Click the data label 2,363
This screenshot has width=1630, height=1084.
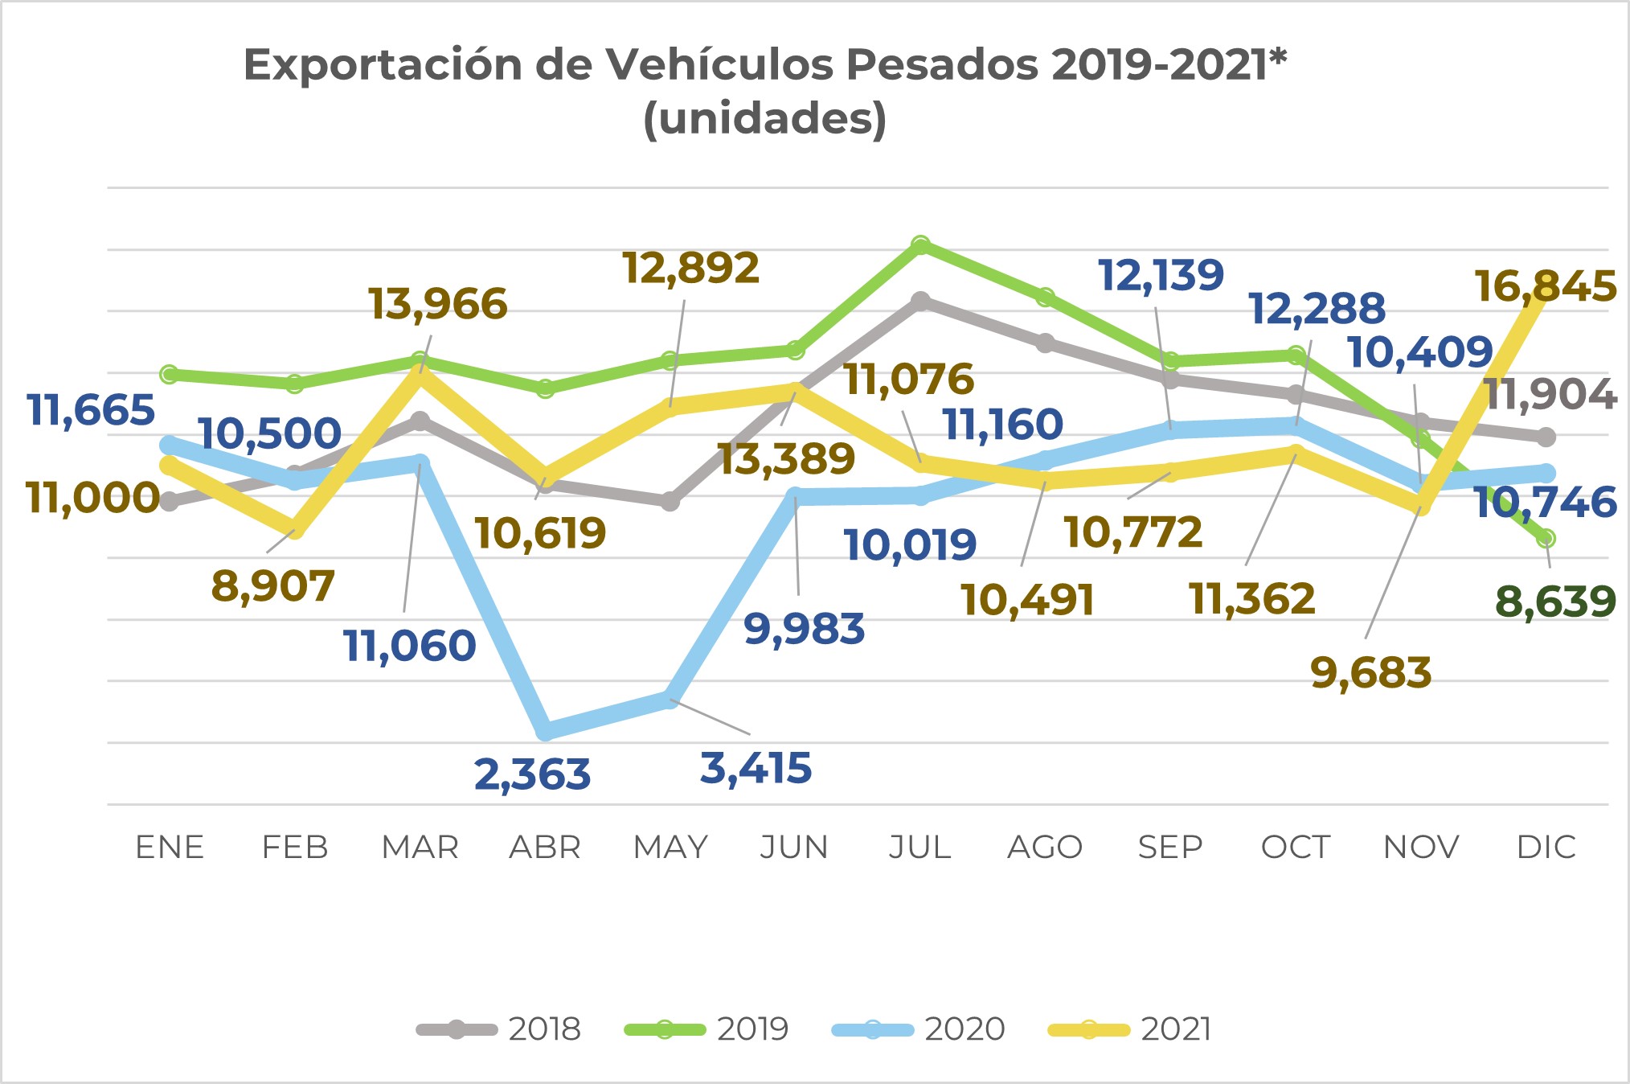[532, 774]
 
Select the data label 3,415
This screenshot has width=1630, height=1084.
[756, 768]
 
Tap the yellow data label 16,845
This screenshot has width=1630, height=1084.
[1545, 287]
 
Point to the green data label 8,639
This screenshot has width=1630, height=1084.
[1555, 602]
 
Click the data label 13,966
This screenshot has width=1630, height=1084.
[438, 304]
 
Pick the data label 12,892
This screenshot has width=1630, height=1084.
[690, 268]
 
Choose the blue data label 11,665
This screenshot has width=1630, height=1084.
[91, 410]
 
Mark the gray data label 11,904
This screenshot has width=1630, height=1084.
[1550, 395]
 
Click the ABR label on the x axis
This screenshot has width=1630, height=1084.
[545, 848]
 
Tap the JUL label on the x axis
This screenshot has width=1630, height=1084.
[920, 848]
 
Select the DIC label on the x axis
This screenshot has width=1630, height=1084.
[1546, 848]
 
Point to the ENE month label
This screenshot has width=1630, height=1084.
[170, 848]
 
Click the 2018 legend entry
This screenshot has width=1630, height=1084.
[498, 1029]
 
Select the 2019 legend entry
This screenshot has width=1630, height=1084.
[706, 1029]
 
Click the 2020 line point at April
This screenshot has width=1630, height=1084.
[546, 731]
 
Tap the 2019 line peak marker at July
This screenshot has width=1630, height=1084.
[921, 244]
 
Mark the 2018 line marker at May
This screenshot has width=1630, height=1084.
[670, 502]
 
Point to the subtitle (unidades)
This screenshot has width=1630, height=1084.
[765, 119]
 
